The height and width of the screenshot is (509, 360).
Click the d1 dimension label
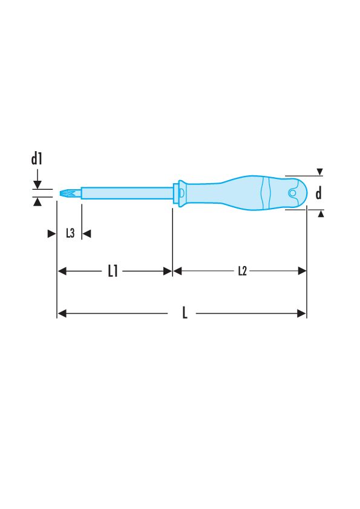pyautogui.click(x=37, y=159)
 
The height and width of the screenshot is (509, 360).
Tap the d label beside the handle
pyautogui.click(x=319, y=193)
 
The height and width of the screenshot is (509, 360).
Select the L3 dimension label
pyautogui.click(x=70, y=233)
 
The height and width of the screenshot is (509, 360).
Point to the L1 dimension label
pyautogui.click(x=113, y=271)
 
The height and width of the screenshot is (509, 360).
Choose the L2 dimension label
pyautogui.click(x=243, y=271)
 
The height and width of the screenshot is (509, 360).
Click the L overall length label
pyautogui.click(x=185, y=313)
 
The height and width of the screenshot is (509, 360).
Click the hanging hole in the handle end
pyautogui.click(x=292, y=193)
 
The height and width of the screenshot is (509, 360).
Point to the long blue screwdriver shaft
pyautogui.click(x=127, y=193)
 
